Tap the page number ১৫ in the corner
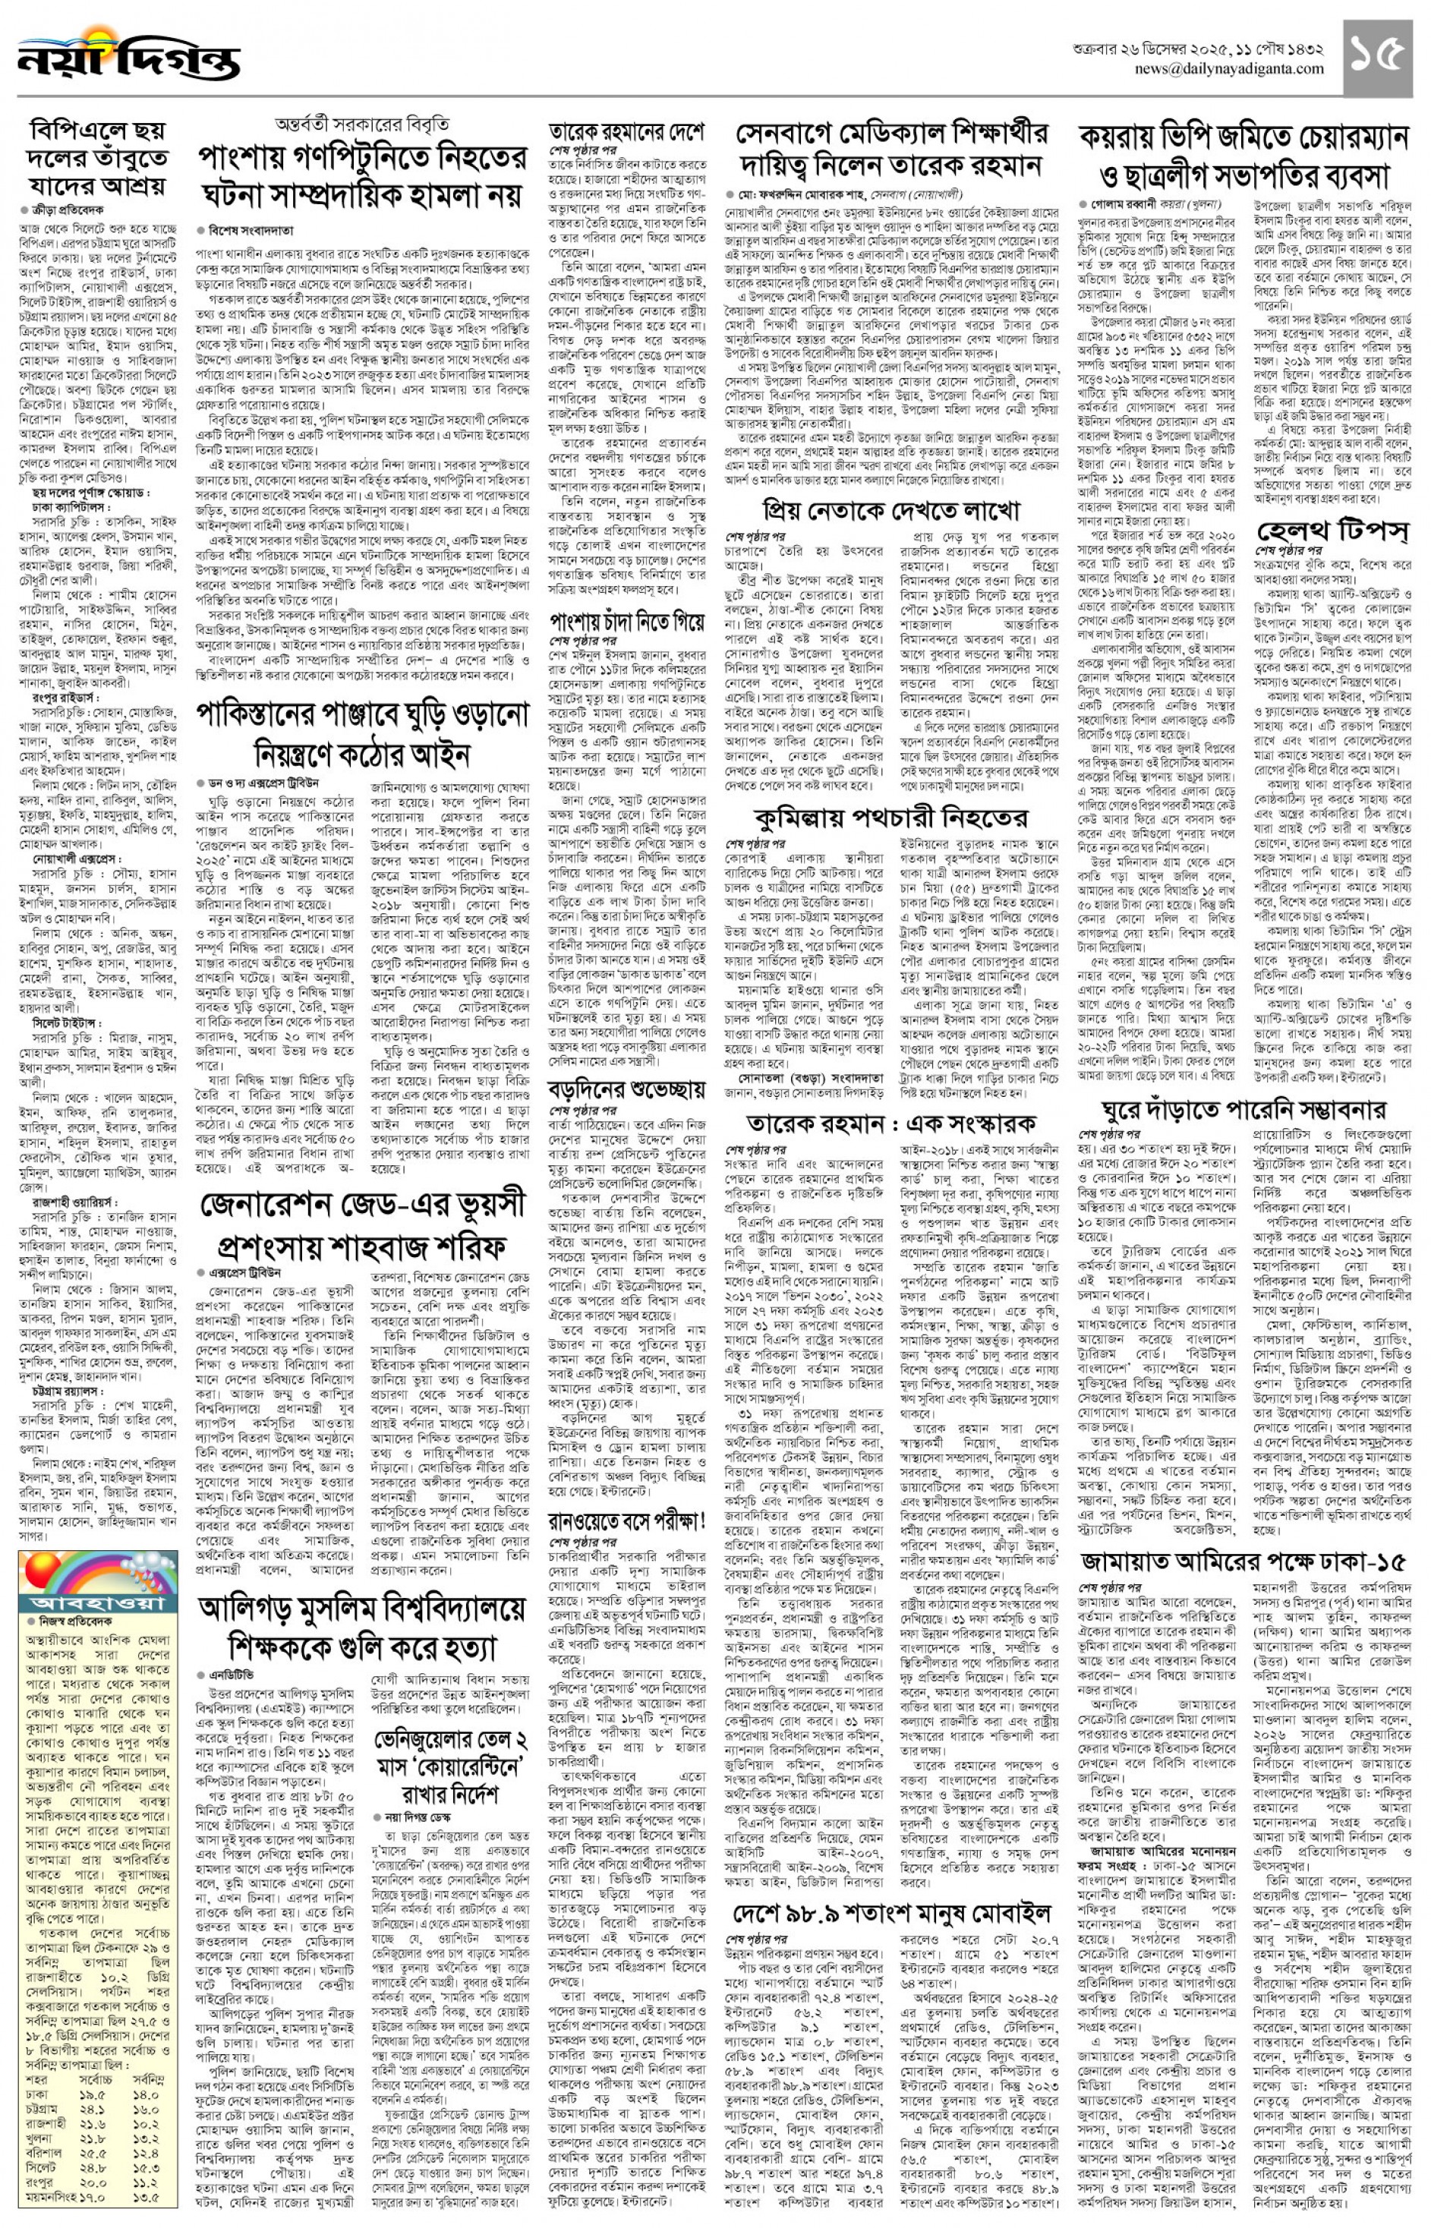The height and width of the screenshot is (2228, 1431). click(1376, 57)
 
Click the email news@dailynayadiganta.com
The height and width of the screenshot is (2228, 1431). click(1228, 70)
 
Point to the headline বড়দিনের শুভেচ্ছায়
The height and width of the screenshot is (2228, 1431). click(626, 1088)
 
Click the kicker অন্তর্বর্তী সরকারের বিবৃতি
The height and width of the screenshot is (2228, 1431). click(361, 125)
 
